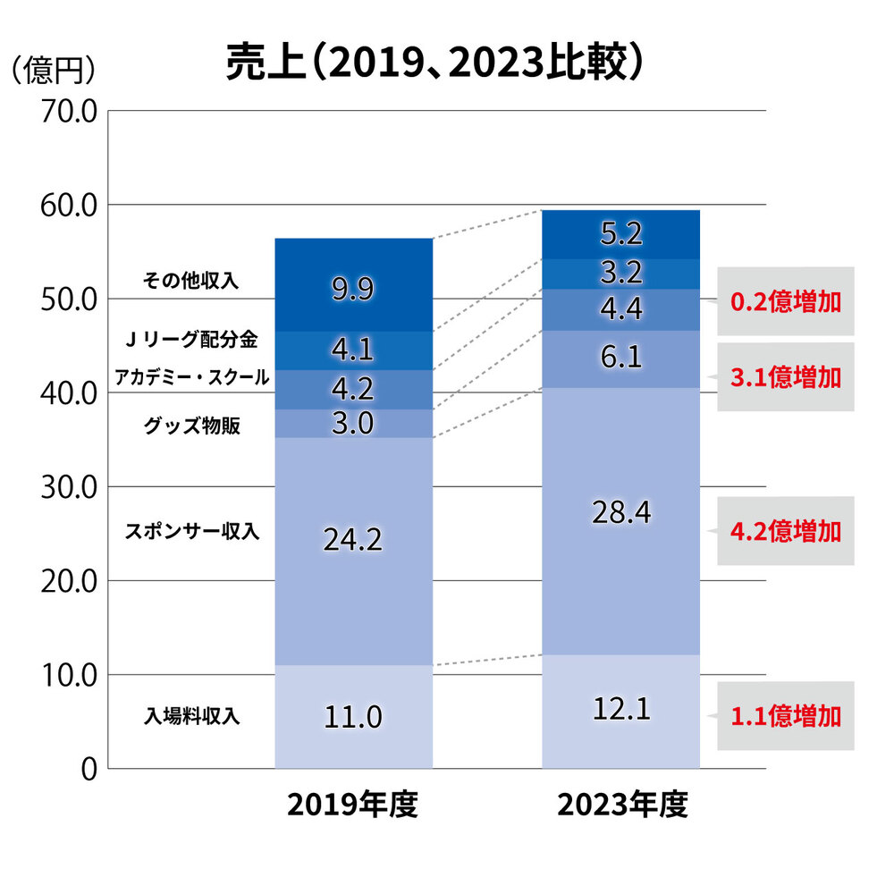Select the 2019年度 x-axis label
353,805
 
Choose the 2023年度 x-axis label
621,805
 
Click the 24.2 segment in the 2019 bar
353,540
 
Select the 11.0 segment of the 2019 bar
353,716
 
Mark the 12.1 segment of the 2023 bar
621,710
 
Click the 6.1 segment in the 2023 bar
621,358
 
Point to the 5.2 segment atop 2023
621,234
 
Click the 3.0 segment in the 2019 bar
353,423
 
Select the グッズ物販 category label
191,426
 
